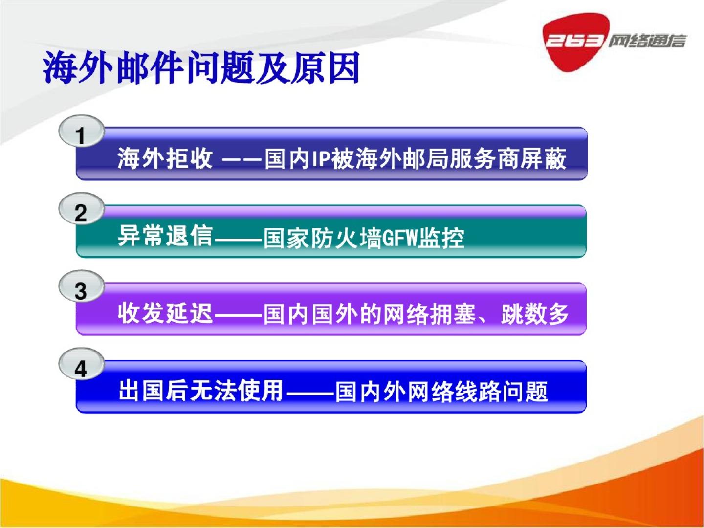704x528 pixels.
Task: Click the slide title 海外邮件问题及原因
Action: (x=201, y=68)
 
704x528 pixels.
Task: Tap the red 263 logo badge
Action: (x=574, y=42)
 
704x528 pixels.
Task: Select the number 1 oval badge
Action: (x=82, y=132)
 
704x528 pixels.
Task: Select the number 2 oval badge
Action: (x=82, y=209)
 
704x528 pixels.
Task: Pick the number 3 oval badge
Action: (x=82, y=287)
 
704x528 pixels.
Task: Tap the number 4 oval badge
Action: (x=82, y=365)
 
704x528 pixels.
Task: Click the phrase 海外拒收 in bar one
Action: (x=165, y=158)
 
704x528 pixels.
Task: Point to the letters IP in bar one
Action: (x=321, y=159)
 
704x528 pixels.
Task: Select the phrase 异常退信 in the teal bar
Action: (x=165, y=237)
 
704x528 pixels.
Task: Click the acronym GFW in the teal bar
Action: (x=401, y=238)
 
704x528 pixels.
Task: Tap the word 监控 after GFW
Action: (x=442, y=238)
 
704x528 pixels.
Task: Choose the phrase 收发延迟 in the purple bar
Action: (x=165, y=313)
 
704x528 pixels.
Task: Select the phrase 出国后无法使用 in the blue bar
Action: (x=200, y=391)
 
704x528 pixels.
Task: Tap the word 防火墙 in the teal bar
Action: (x=347, y=238)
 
